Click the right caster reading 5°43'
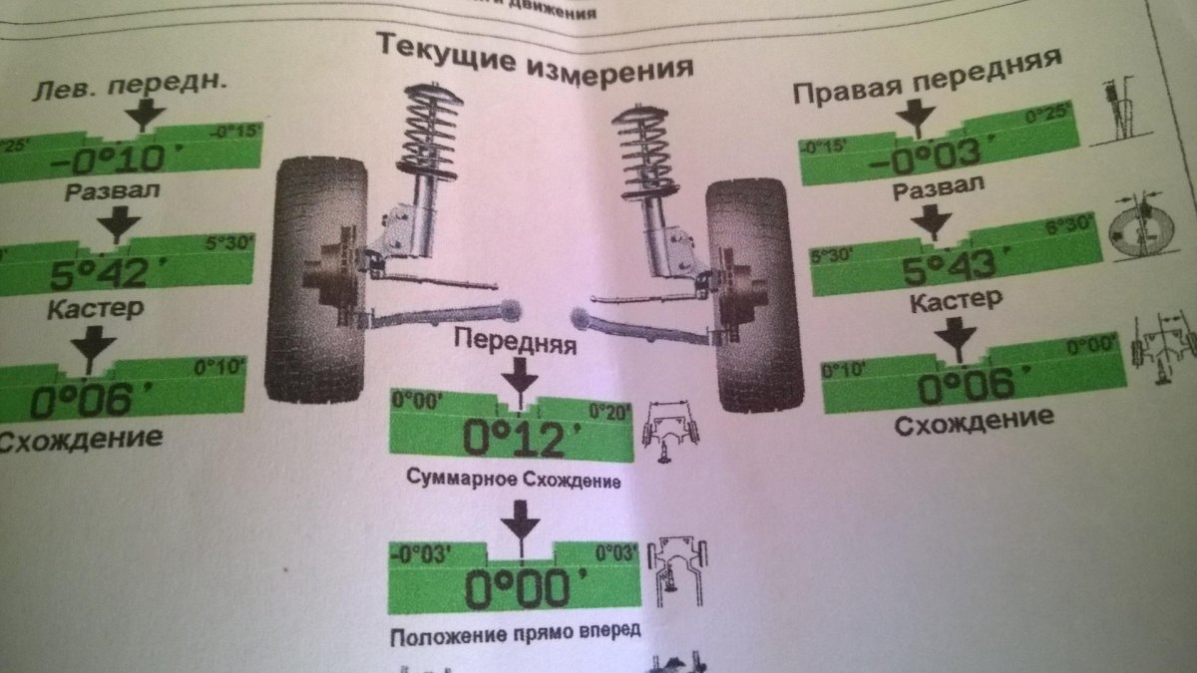(937, 265)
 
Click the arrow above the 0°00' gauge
(518, 521)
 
